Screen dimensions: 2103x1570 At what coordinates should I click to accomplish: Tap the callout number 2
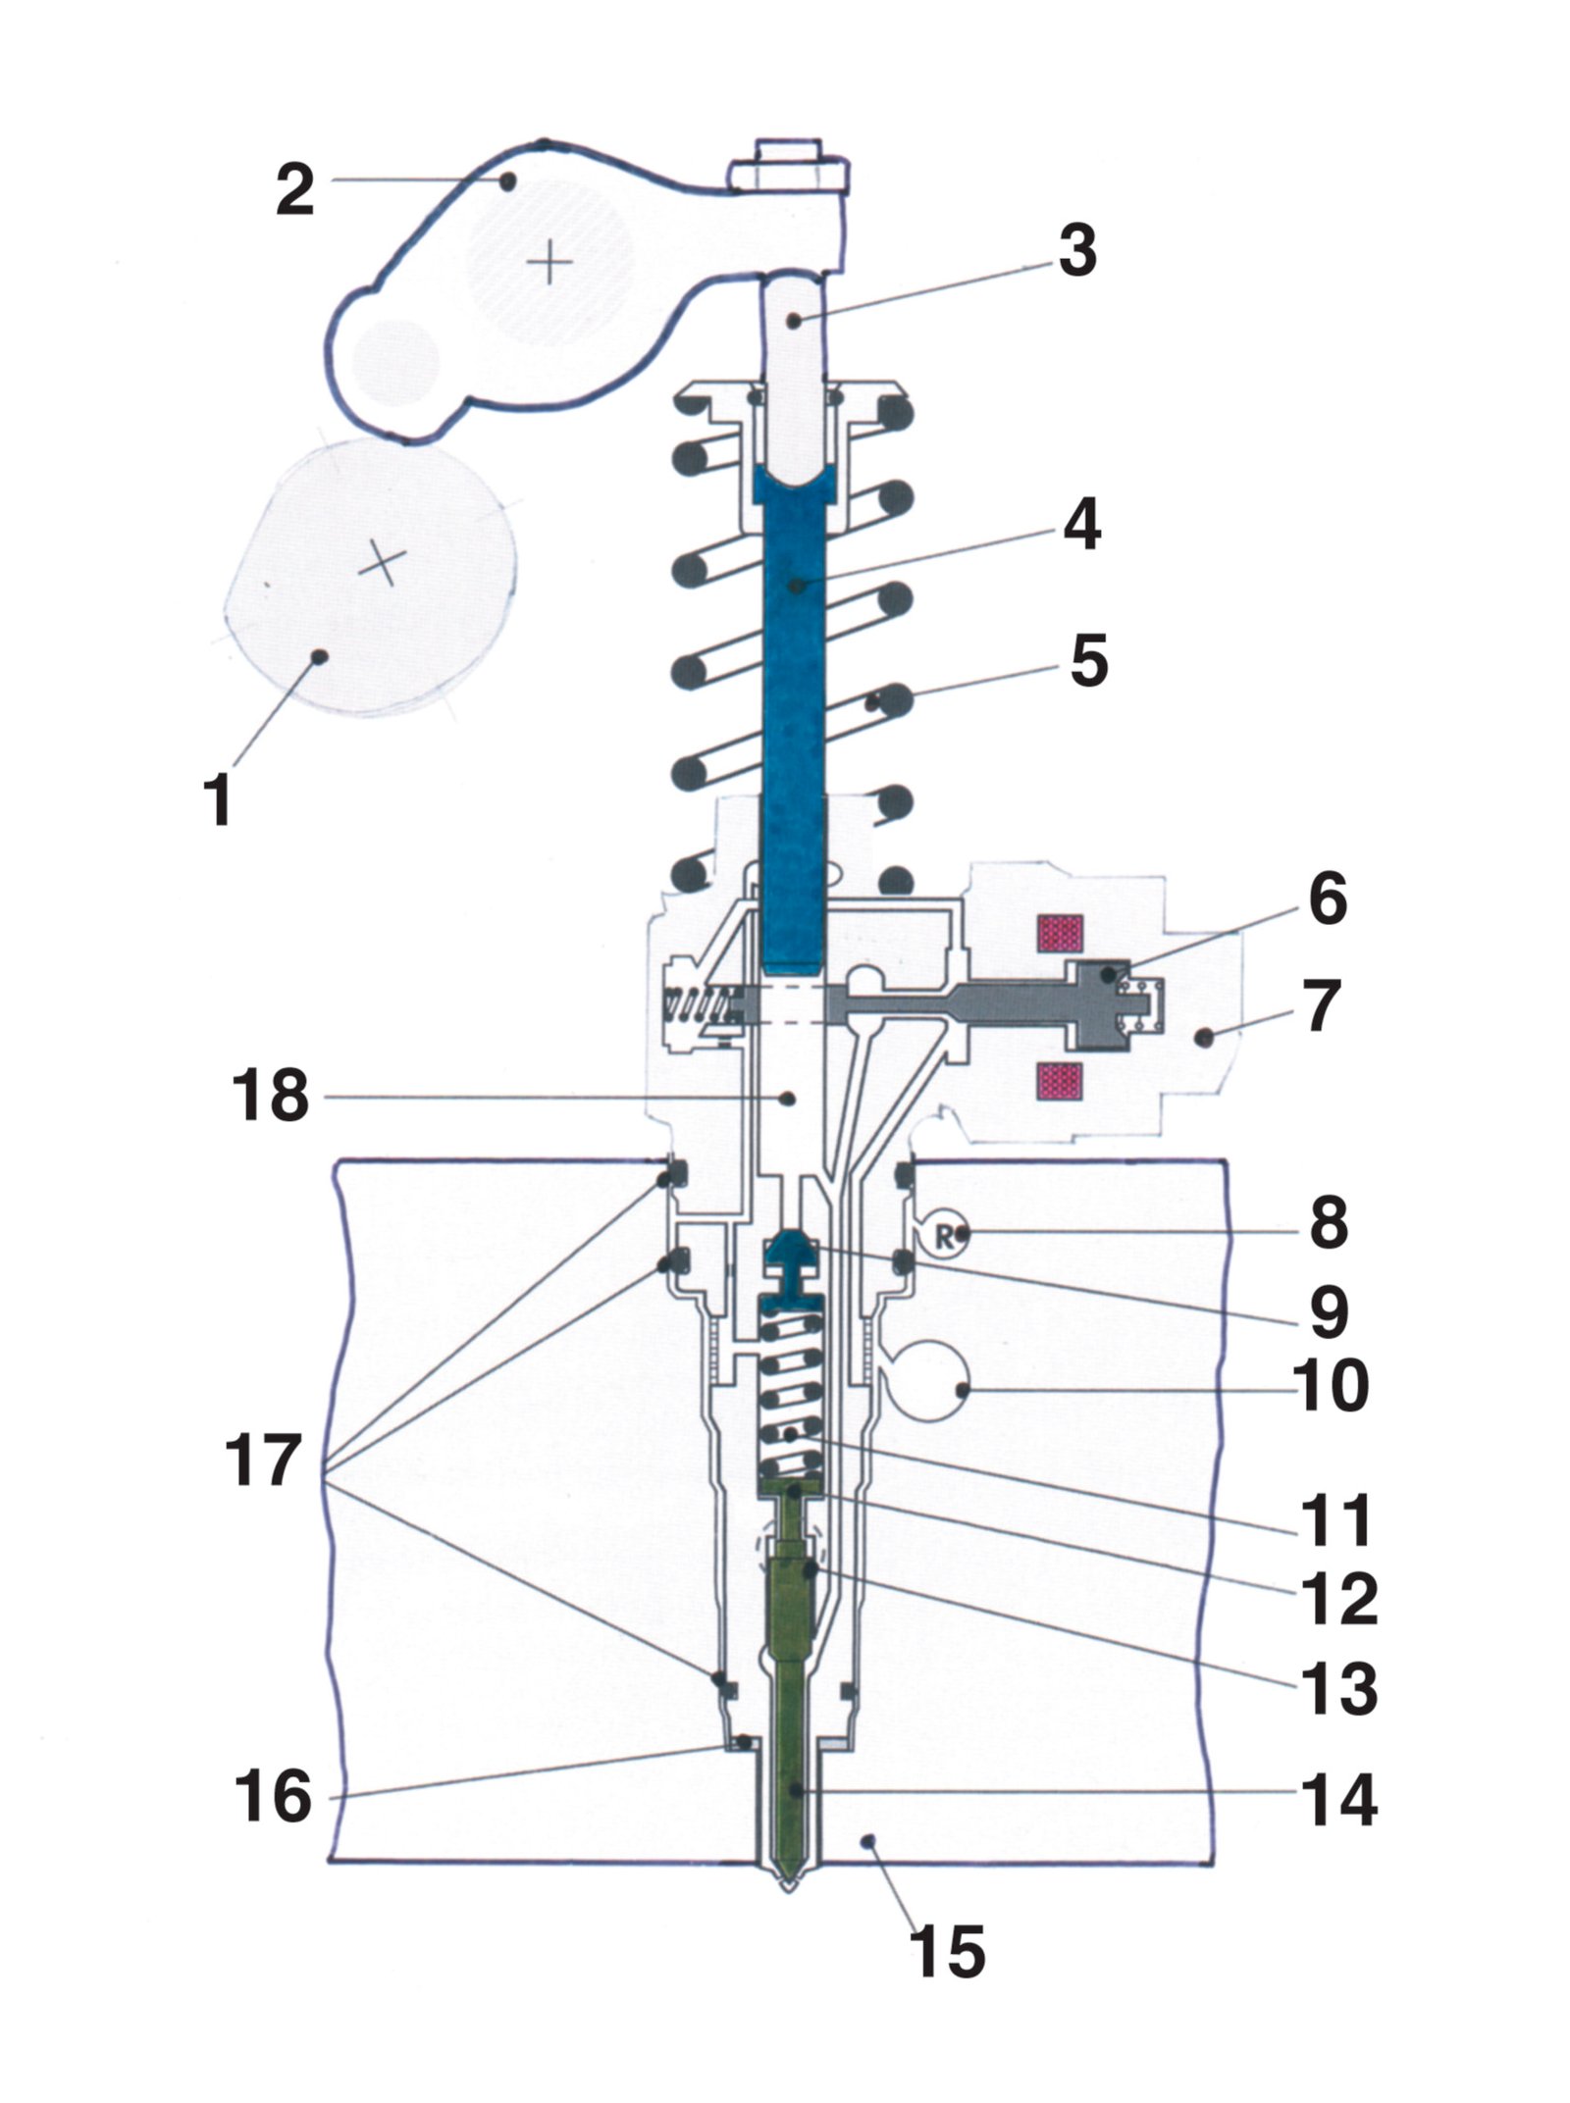295,190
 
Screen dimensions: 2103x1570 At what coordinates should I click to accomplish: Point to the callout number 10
1333,1384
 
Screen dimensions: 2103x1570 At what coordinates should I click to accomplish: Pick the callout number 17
261,1461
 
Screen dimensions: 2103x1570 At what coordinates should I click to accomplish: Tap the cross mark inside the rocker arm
549,263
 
